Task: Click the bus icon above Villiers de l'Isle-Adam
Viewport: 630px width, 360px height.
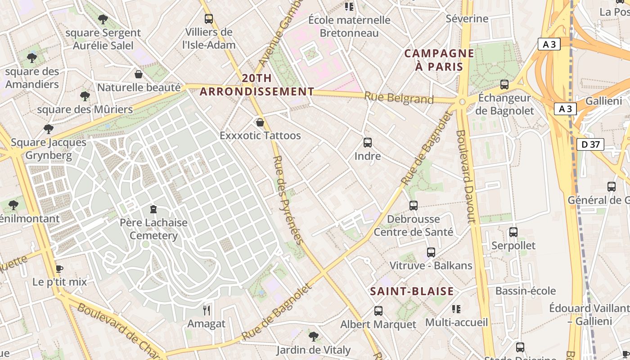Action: [208, 19]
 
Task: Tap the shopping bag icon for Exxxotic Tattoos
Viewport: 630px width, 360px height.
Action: [260, 122]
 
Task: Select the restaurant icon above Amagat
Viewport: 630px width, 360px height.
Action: [207, 310]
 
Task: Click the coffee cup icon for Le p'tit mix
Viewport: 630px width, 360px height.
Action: [59, 269]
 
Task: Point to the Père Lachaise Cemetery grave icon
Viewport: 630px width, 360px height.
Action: [153, 209]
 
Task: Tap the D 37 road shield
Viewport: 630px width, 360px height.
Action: [590, 144]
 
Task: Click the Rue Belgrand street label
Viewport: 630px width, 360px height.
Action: [399, 98]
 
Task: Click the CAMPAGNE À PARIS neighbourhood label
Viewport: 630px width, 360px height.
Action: [439, 60]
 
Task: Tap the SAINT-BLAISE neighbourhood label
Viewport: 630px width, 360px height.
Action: [412, 291]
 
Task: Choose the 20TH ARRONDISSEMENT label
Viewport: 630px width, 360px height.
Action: [257, 85]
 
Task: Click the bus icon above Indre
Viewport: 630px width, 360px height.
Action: [368, 143]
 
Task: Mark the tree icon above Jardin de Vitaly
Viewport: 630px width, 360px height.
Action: [314, 336]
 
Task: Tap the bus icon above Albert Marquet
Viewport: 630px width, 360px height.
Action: [378, 310]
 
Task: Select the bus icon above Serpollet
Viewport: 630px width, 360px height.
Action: [513, 232]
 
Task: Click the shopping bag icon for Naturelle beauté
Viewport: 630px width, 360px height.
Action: [139, 74]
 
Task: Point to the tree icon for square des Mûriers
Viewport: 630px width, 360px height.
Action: [85, 96]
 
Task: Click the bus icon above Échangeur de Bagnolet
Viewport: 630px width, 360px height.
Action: [504, 84]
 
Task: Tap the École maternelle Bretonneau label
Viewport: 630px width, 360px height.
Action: [349, 27]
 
